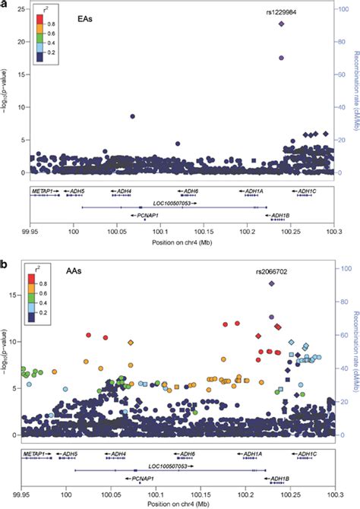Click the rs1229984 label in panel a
pos(282,13)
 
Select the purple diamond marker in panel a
pos(282,24)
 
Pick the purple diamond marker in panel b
pos(271,283)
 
